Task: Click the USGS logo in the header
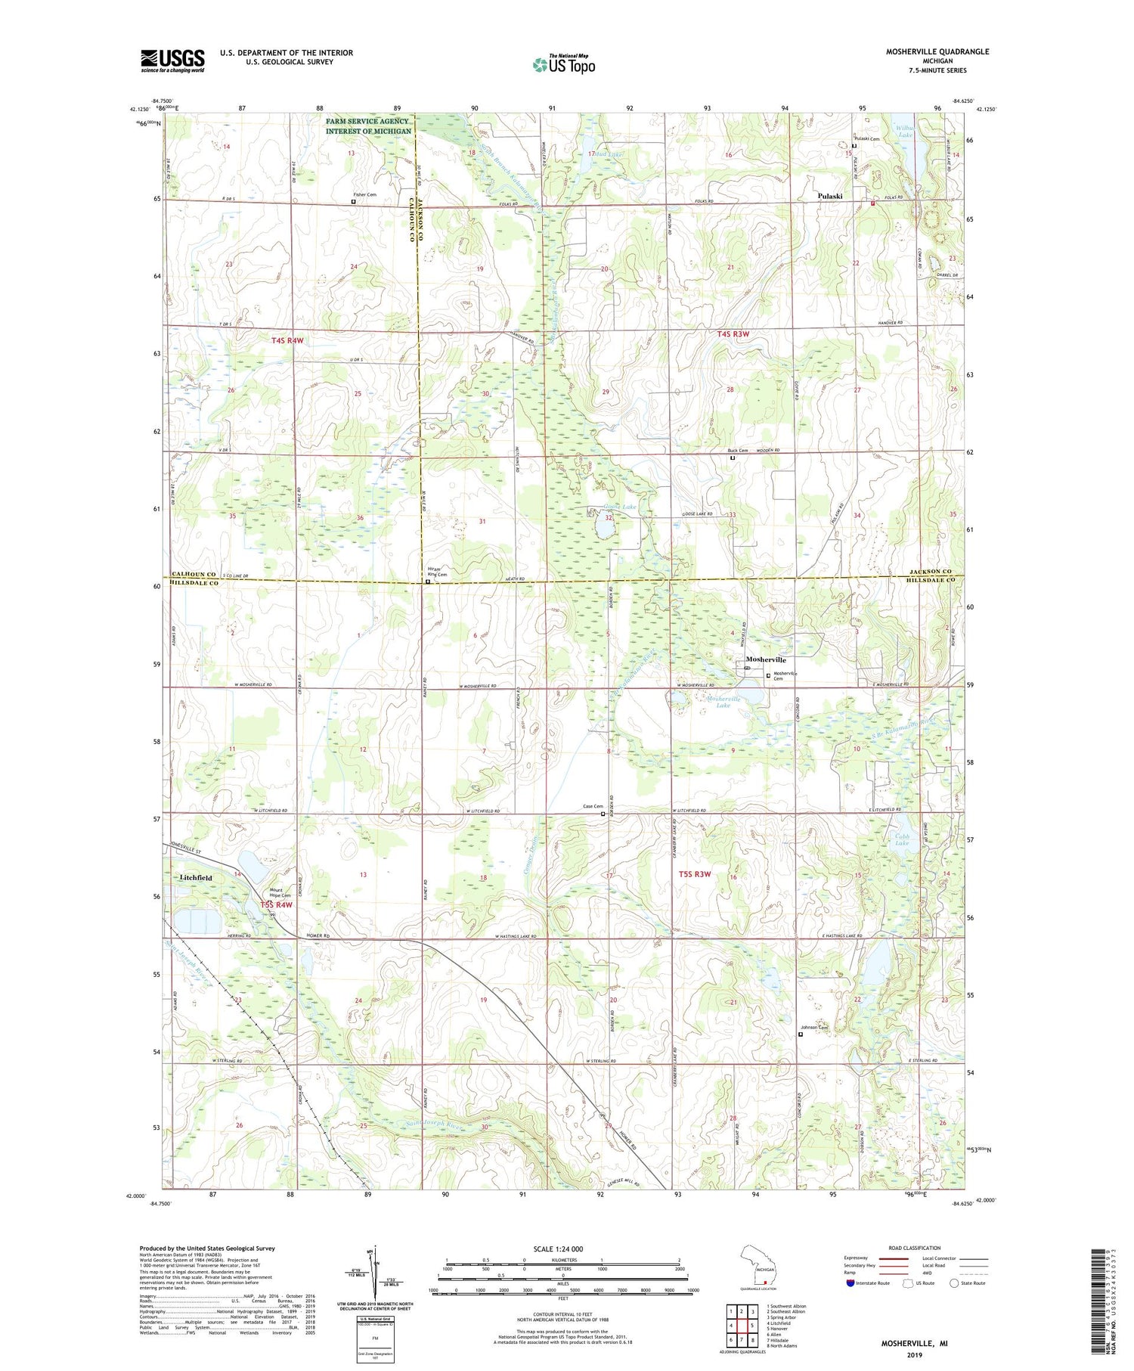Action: tap(172, 60)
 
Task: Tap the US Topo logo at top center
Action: tap(563, 64)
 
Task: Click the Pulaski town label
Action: tap(830, 196)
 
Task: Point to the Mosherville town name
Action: tap(766, 659)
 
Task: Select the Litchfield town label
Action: tap(197, 878)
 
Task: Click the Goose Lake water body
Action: tap(604, 521)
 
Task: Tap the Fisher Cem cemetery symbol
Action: tap(353, 202)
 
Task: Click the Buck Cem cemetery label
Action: tap(732, 451)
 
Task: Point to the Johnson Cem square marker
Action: tap(801, 1034)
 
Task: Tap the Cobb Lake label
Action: tap(902, 839)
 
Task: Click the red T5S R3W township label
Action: tap(694, 874)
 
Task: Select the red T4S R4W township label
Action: tap(287, 340)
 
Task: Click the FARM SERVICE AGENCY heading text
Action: tap(368, 121)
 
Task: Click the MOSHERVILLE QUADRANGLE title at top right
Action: tap(937, 51)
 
